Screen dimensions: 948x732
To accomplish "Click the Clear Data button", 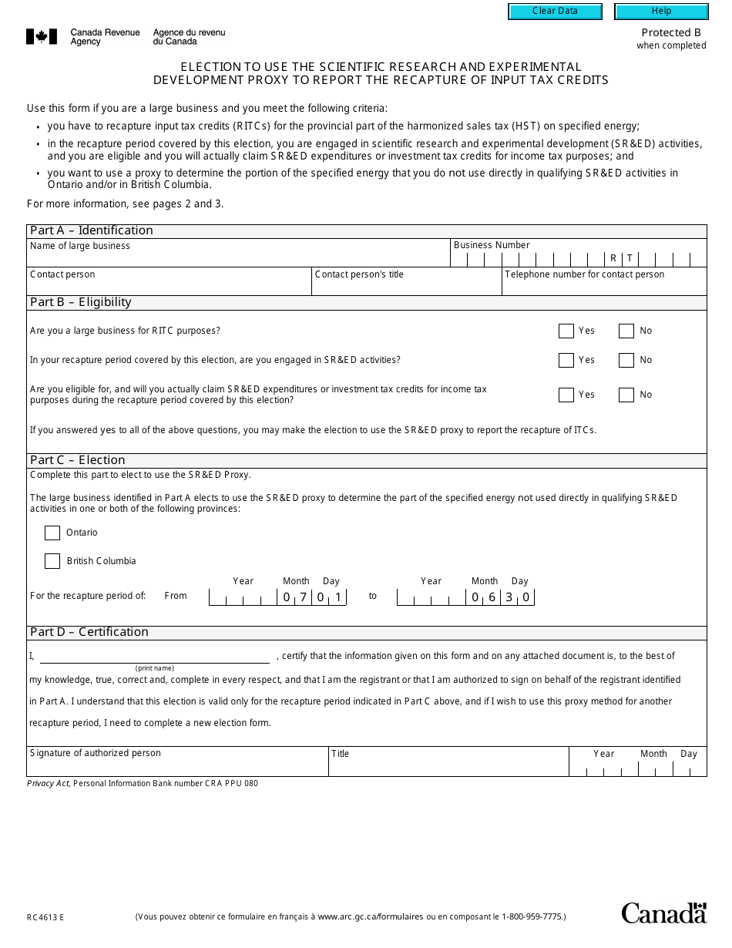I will pyautogui.click(x=555, y=12).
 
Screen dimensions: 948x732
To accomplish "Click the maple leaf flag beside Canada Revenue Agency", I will pyautogui.click(x=42, y=36).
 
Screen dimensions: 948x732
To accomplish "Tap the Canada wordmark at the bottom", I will pyautogui.click(x=663, y=913).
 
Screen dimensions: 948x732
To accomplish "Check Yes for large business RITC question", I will pyautogui.click(x=566, y=331).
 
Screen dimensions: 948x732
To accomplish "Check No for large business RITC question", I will pyautogui.click(x=626, y=331).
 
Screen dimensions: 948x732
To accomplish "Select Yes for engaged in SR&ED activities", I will pyautogui.click(x=566, y=361).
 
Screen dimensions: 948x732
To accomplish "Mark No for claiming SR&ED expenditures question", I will pyautogui.click(x=626, y=395).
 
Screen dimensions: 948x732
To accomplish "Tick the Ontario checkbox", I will pyautogui.click(x=52, y=533).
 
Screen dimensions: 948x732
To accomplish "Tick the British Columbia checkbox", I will pyautogui.click(x=52, y=562).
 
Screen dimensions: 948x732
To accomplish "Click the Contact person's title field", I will pyautogui.click(x=406, y=286).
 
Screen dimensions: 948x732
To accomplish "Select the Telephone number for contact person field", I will pyautogui.click(x=603, y=286).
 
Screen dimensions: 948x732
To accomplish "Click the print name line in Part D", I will pyautogui.click(x=154, y=657).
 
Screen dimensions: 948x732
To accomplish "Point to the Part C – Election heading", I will pyautogui.click(x=77, y=460).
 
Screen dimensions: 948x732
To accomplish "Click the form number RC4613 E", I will pyautogui.click(x=45, y=917).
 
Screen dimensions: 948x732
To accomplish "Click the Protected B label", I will pyautogui.click(x=671, y=32).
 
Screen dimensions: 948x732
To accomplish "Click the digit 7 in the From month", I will pyautogui.click(x=304, y=597).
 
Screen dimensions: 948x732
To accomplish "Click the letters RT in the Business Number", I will pyautogui.click(x=621, y=259).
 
